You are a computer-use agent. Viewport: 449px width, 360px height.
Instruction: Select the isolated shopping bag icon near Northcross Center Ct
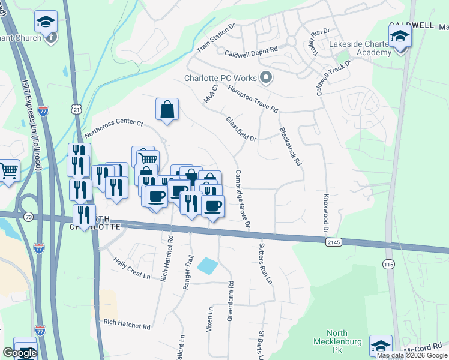click(x=167, y=109)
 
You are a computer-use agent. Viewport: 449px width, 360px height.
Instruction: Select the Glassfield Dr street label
click(x=241, y=129)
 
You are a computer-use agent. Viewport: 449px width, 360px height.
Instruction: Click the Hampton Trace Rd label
click(x=253, y=98)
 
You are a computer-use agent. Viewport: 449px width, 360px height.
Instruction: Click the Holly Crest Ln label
click(x=132, y=268)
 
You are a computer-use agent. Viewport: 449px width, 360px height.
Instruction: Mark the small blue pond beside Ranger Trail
click(x=206, y=265)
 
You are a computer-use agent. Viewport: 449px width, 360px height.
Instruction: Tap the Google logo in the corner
click(x=20, y=353)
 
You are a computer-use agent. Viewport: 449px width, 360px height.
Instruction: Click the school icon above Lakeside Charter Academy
click(x=400, y=38)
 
